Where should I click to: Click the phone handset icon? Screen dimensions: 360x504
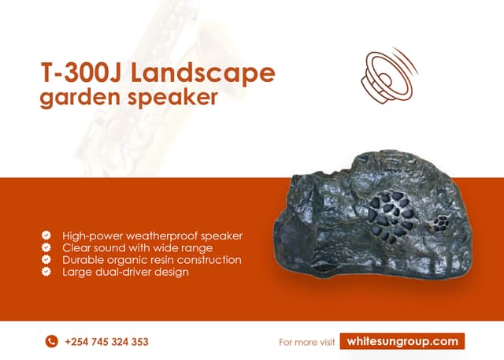[x=52, y=341]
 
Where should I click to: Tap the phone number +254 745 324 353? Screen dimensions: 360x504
[x=106, y=342]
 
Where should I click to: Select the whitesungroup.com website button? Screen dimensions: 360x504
[x=402, y=341]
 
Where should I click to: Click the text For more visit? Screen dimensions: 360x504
[x=307, y=342]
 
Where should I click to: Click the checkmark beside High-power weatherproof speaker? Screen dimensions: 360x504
[x=46, y=236]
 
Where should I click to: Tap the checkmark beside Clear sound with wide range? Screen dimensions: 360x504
[x=46, y=247]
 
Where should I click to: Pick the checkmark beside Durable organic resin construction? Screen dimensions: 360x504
[x=46, y=259]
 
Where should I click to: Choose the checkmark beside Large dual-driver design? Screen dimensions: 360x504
[x=46, y=272]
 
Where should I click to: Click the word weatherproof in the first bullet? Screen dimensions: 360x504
[x=168, y=236]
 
